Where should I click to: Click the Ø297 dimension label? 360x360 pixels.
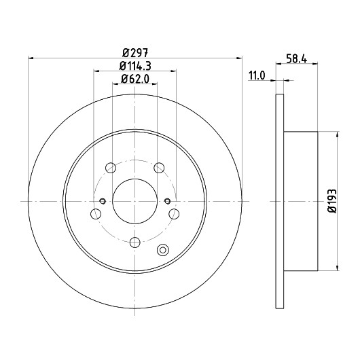coord(135,53)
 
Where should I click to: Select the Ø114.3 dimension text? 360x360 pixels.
coord(135,67)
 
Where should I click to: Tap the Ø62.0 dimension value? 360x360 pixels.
coord(135,79)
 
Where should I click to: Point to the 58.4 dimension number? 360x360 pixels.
coord(296,59)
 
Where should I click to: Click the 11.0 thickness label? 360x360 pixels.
coord(257,75)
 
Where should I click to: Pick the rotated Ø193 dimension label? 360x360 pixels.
coord(332,201)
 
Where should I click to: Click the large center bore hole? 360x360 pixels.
coord(135,201)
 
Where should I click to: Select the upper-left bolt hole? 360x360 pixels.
coord(111,168)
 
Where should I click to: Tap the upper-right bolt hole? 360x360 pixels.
coord(159,168)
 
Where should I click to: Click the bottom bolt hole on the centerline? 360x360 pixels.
coord(135,242)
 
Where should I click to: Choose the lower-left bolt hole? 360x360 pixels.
coord(96,214)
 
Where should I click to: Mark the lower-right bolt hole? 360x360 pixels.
coord(174,214)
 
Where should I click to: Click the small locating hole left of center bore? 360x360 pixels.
coord(103,201)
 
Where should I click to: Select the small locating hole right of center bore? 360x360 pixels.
coord(168,201)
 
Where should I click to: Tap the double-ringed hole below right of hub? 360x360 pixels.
coord(163,250)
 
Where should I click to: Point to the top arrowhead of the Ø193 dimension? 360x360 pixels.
coord(338,134)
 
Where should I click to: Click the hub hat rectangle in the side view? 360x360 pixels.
coord(301,201)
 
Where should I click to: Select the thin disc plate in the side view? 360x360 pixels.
coord(280,201)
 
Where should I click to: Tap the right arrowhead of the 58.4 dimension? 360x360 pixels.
coord(315,64)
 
